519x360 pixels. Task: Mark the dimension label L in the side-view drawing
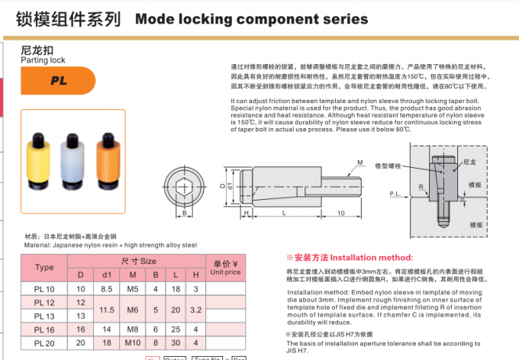(x=284, y=213)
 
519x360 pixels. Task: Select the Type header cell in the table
(x=44, y=268)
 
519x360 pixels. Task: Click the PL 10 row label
(x=44, y=289)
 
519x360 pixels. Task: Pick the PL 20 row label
(x=44, y=342)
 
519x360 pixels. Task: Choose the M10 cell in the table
(x=133, y=342)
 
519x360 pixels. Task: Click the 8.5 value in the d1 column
(x=107, y=289)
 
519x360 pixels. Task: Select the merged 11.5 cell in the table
(x=107, y=309)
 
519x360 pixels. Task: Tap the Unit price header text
(x=225, y=267)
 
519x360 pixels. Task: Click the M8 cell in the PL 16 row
(x=133, y=329)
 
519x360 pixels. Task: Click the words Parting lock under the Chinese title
(x=43, y=59)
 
